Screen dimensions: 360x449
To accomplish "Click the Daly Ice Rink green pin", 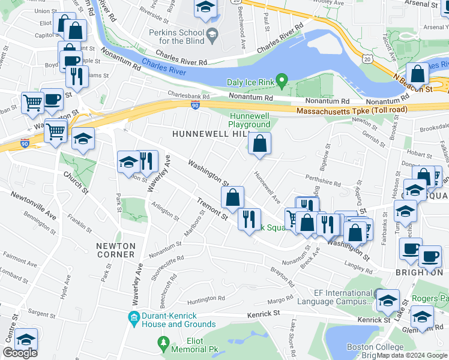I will point(285,79).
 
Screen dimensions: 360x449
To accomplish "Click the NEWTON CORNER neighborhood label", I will point(115,250).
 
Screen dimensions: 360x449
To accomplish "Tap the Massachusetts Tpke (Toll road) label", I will point(352,110).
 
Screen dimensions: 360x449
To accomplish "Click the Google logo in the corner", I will point(20,353).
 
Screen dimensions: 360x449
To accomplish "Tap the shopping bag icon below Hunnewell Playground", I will point(259,145).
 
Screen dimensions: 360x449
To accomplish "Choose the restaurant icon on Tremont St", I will point(249,219).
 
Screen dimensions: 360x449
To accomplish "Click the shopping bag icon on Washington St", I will point(232,197).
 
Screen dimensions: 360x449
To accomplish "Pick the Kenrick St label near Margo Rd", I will point(264,314).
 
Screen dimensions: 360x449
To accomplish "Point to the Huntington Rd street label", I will point(205,298).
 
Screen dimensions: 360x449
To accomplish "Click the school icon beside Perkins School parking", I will point(205,8).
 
